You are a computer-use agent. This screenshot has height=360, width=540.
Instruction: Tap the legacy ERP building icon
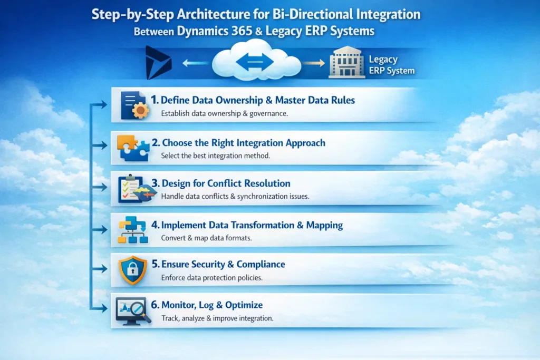[x=346, y=64]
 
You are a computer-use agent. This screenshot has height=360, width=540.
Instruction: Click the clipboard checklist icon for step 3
[x=132, y=189]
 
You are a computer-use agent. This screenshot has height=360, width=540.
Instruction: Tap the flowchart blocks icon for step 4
[x=132, y=231]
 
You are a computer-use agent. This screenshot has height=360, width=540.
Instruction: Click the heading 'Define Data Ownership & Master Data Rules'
[x=250, y=100]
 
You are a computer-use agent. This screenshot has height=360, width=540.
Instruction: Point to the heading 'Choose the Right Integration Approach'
[x=244, y=142]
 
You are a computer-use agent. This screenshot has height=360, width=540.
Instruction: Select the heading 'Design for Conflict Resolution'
[x=226, y=183]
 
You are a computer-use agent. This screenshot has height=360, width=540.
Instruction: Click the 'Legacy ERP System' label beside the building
[x=391, y=65]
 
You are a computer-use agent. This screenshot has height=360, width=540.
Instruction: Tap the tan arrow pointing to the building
[x=315, y=64]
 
